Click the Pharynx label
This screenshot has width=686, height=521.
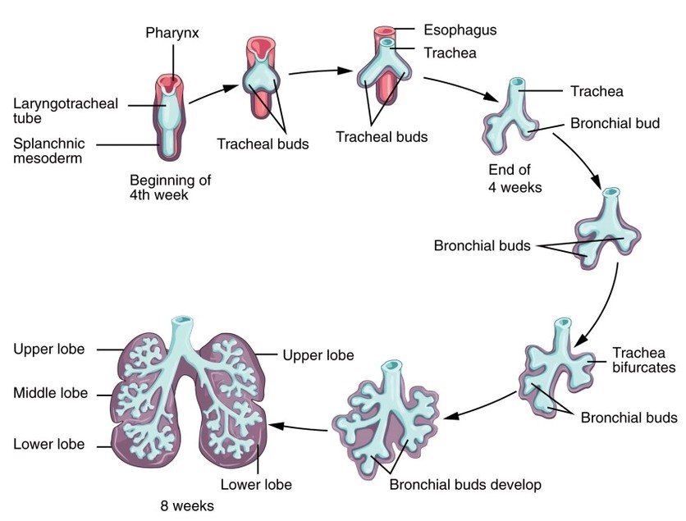(x=173, y=34)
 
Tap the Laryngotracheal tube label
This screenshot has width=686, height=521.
(x=66, y=111)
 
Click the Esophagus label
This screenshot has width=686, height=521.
(x=460, y=30)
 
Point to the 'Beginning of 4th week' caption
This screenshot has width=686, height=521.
(x=171, y=187)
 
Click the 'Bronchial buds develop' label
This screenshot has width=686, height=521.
(x=465, y=485)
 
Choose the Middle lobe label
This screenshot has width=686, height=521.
(x=50, y=393)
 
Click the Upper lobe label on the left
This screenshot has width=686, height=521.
(x=48, y=349)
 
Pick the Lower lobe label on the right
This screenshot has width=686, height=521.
(x=256, y=485)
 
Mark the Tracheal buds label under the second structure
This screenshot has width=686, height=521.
(x=263, y=144)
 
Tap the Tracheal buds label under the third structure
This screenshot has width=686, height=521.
(x=382, y=136)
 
